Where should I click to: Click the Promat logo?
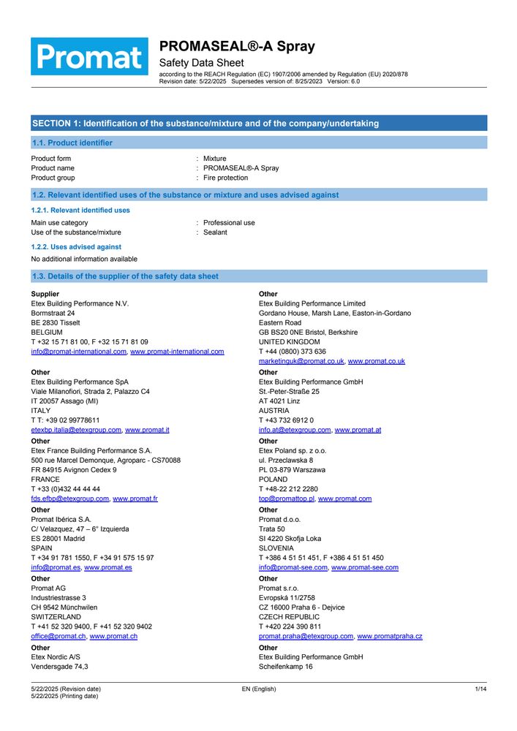(89, 56)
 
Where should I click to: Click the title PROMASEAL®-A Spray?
(237, 47)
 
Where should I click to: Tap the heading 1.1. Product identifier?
(72, 143)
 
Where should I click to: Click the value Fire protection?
(225, 178)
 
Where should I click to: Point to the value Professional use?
(229, 222)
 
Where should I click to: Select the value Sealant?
(215, 232)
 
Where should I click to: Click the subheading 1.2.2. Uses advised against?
(76, 247)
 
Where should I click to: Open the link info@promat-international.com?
(79, 352)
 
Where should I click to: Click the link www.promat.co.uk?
(376, 361)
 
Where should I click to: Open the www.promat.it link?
(147, 431)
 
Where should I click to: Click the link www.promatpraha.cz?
(389, 636)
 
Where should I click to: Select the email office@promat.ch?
(59, 636)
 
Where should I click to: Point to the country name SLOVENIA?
(276, 548)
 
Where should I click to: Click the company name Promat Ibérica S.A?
(66, 519)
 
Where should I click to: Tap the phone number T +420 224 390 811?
(290, 626)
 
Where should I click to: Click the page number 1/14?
(480, 689)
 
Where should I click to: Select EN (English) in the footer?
(259, 689)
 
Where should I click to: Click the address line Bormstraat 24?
(53, 313)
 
